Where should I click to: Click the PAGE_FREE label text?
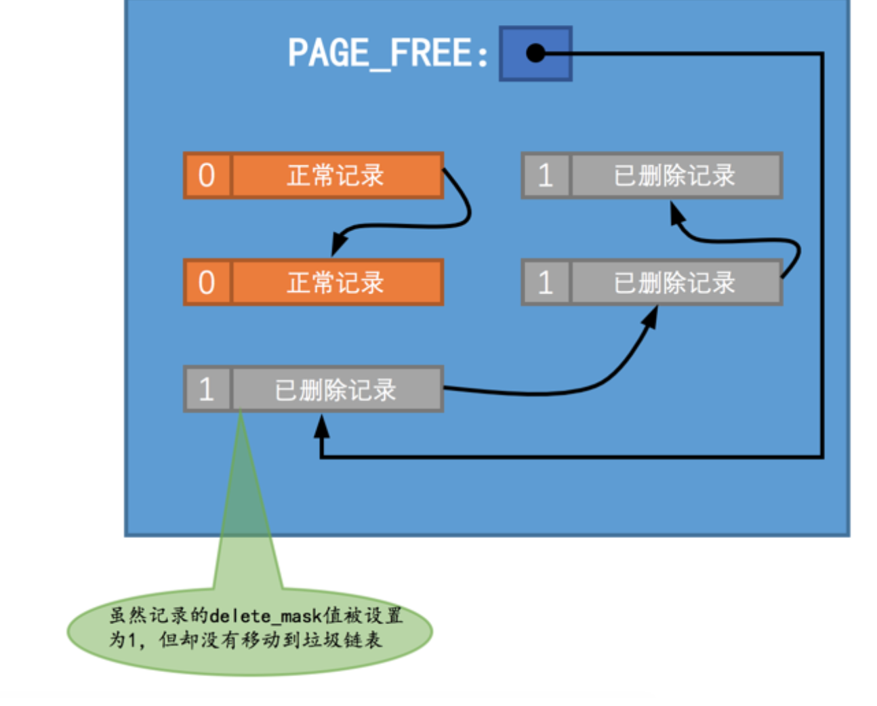click(x=387, y=54)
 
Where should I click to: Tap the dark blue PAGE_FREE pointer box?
click(x=535, y=54)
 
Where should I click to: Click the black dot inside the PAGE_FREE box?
click(x=535, y=53)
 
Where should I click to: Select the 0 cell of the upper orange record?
click(x=207, y=175)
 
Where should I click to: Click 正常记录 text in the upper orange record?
click(x=335, y=175)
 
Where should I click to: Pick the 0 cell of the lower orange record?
click(x=207, y=283)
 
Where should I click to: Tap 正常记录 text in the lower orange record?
click(x=335, y=283)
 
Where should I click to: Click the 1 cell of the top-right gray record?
click(x=546, y=175)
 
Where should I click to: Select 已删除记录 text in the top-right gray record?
click(x=674, y=175)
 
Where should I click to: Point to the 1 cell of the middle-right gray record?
click(x=546, y=283)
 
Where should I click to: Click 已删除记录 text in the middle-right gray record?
click(x=674, y=283)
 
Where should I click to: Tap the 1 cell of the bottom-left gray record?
click(x=207, y=390)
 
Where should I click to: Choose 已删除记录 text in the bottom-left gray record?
click(x=335, y=390)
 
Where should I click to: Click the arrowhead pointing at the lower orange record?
click(x=338, y=245)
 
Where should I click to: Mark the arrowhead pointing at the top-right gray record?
click(x=676, y=213)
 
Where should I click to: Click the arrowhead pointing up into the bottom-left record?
click(x=322, y=425)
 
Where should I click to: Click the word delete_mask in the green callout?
click(x=265, y=616)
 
